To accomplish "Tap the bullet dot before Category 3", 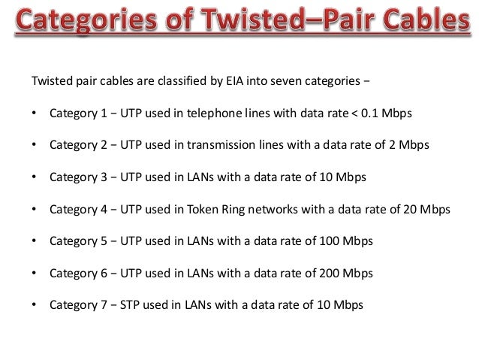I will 35,178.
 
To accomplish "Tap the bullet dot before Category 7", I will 35,306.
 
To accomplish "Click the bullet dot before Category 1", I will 35,113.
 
